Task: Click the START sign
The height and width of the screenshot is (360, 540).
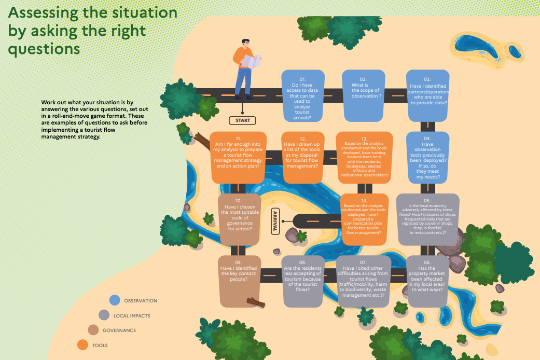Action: point(242,120)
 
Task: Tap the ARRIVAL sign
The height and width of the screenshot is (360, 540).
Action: point(275,221)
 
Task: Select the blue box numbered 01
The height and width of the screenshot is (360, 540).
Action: point(303,96)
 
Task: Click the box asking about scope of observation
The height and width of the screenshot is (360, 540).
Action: point(363,96)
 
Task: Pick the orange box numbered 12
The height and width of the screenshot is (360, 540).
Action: point(303,158)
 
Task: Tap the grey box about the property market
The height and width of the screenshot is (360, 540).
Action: point(427,282)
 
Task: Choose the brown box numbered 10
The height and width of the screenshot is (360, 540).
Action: point(239,219)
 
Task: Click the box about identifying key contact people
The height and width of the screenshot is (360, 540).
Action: point(239,282)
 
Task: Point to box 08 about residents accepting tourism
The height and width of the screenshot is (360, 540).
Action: point(303,282)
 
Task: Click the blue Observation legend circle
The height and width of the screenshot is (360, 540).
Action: point(115,300)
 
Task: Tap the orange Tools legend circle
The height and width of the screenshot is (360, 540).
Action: point(82,344)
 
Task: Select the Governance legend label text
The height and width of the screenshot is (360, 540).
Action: point(119,330)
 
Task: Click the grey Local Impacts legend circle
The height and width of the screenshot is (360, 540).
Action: point(104,315)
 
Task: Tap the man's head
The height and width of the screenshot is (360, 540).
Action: point(246,44)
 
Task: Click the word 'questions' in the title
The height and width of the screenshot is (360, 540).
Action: point(44,49)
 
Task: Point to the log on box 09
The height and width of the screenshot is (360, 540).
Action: point(256,302)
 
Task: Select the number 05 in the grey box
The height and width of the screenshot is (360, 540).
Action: point(427,201)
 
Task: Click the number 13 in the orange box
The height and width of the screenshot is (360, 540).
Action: point(364,139)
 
